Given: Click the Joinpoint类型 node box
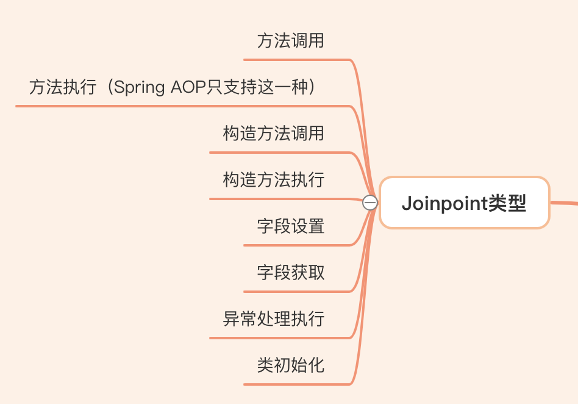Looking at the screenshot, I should [464, 203].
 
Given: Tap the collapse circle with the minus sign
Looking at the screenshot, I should [370, 203].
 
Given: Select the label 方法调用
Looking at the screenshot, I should [291, 41].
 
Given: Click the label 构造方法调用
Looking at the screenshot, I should [274, 134].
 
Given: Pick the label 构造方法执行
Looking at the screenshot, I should [274, 180].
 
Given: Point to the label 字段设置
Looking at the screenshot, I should [291, 226].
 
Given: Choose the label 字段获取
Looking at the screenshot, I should [291, 272].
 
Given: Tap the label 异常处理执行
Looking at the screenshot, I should [274, 319].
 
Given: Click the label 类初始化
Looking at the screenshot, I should [291, 365].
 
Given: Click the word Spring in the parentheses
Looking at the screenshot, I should [140, 88].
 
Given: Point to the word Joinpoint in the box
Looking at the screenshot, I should [444, 203].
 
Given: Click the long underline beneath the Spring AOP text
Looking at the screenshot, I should [183, 106].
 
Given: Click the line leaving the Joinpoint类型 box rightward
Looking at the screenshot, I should [564, 204].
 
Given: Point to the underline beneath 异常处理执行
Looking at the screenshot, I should [280, 338].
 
